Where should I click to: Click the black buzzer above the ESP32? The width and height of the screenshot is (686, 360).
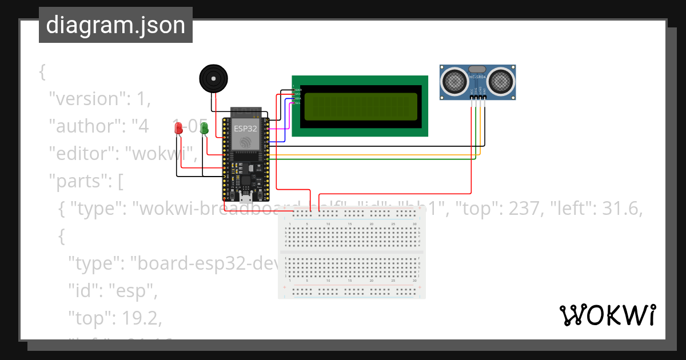click(x=213, y=78)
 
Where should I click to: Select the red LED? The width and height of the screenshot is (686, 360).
click(x=178, y=129)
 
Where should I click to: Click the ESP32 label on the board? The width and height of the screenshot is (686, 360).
click(x=245, y=129)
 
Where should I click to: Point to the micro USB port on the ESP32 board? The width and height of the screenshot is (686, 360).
click(x=246, y=198)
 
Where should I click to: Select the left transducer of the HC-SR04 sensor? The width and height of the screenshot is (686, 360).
click(x=455, y=81)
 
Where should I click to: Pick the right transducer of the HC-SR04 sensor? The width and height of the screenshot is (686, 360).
click(x=501, y=81)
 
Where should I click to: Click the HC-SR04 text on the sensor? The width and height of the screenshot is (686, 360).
click(x=478, y=77)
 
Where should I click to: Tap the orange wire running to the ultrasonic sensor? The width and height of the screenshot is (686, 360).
click(x=372, y=155)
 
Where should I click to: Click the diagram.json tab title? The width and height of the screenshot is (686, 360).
click(x=115, y=25)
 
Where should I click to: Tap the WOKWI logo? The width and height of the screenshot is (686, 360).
click(x=607, y=315)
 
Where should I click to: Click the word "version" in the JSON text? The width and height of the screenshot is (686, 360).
click(x=85, y=98)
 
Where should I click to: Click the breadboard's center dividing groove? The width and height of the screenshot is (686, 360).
click(x=352, y=252)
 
